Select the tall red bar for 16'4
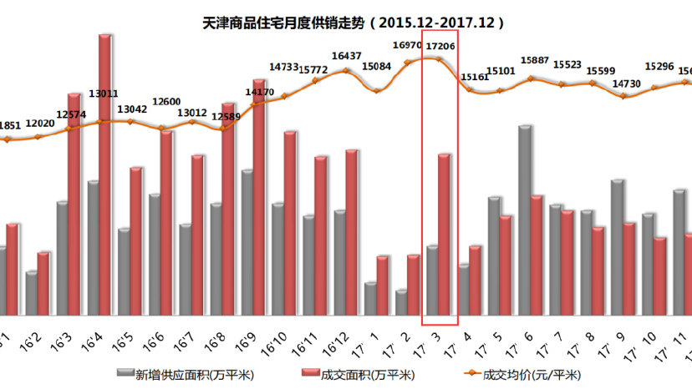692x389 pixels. click(105, 175)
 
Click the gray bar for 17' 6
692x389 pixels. click(524, 221)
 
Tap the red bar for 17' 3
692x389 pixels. click(445, 235)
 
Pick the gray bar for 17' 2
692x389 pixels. click(401, 303)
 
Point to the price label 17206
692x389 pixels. click(440, 47)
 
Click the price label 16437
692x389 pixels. click(346, 56)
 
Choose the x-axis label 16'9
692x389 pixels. click(246, 342)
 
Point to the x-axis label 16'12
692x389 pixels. click(338, 344)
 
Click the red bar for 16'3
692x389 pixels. click(74, 205)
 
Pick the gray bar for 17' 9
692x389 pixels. click(617, 248)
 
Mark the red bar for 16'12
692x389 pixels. click(352, 233)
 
